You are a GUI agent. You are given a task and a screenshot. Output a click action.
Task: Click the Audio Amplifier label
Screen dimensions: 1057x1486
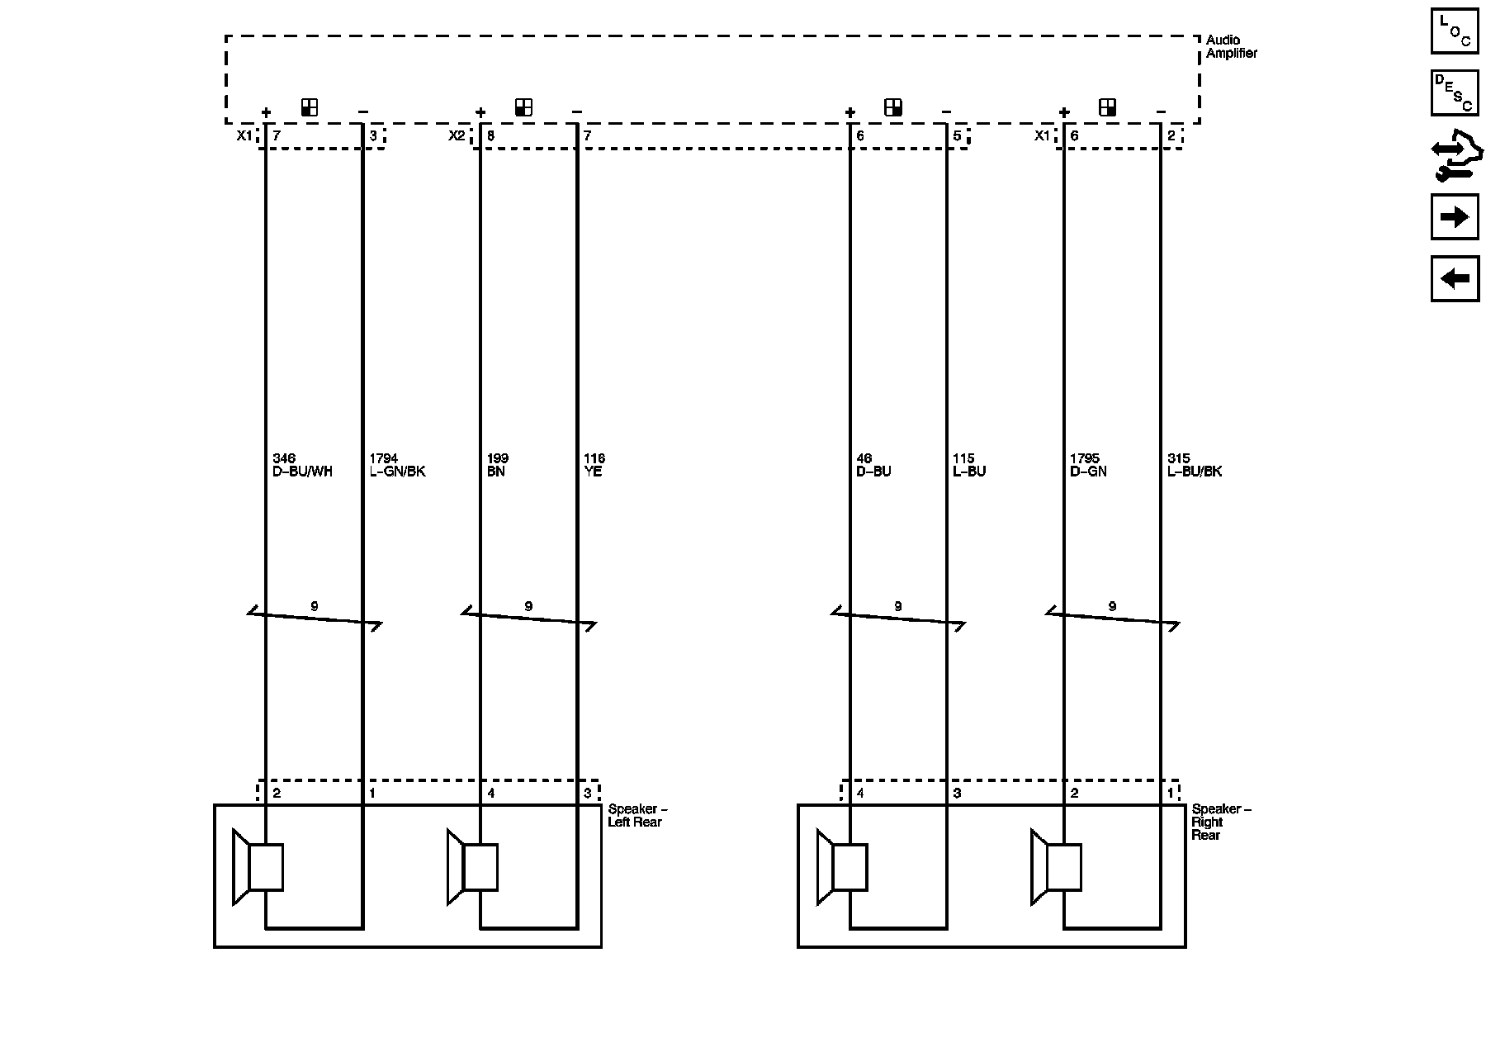pyautogui.click(x=1231, y=46)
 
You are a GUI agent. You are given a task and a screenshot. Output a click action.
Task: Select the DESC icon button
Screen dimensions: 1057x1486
pyautogui.click(x=1454, y=92)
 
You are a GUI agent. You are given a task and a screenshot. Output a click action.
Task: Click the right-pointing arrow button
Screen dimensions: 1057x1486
pyautogui.click(x=1454, y=217)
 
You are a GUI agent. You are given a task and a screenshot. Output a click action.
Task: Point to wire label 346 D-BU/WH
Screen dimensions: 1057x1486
pyautogui.click(x=302, y=465)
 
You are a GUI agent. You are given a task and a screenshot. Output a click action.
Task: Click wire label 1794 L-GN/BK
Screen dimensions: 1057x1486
pyautogui.click(x=397, y=465)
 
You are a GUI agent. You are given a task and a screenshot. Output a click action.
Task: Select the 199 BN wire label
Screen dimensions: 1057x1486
pyautogui.click(x=498, y=465)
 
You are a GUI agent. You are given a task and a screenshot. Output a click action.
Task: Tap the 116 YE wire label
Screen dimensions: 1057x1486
pyautogui.click(x=594, y=465)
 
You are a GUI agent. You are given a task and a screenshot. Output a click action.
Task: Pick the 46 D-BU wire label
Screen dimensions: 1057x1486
pyautogui.click(x=873, y=465)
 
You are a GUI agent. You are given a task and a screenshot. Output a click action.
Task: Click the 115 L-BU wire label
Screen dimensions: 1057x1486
pyautogui.click(x=969, y=465)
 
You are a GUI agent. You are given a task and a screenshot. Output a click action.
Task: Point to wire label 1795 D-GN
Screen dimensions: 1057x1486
pyautogui.click(x=1088, y=465)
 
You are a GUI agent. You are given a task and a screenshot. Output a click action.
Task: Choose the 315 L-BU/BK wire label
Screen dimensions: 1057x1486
pyautogui.click(x=1195, y=465)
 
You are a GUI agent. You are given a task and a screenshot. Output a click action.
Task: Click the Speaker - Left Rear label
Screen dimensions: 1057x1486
pyautogui.click(x=637, y=815)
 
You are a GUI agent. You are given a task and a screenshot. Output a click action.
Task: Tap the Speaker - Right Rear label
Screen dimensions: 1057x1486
pyautogui.click(x=1221, y=822)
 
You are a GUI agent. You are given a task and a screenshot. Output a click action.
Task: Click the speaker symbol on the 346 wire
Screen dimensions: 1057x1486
pyautogui.click(x=258, y=867)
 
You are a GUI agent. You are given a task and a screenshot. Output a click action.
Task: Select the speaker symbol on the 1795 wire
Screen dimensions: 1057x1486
pyautogui.click(x=1057, y=867)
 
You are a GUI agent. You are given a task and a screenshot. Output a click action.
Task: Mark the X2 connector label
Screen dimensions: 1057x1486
pyautogui.click(x=457, y=135)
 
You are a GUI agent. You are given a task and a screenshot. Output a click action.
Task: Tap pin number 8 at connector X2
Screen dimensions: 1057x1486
pyautogui.click(x=491, y=135)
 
